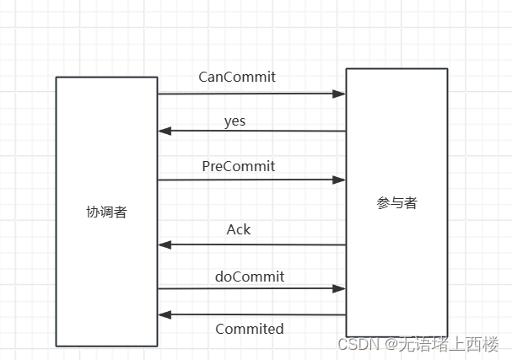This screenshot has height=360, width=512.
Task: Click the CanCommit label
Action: pos(237,77)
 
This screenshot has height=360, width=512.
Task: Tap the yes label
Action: pos(234,121)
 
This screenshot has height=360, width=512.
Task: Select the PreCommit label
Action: pos(238,166)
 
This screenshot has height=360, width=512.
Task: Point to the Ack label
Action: pos(239,229)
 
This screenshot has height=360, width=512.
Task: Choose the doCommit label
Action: pos(250,277)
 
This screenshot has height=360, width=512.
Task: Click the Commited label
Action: pos(250,329)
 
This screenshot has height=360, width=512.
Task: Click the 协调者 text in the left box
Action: pos(106,212)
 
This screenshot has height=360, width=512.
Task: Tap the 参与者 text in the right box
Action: pos(396,203)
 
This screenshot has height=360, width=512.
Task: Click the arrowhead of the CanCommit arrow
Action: pos(341,94)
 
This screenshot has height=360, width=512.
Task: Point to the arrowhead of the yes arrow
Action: pos(164,131)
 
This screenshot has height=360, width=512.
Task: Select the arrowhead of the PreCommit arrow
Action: pos(341,180)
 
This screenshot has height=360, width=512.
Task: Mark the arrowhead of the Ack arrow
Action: pos(164,244)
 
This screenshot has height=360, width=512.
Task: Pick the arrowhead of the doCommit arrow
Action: pos(341,288)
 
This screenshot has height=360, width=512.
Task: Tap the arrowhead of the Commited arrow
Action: pos(164,314)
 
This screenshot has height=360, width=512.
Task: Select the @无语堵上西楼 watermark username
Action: pos(441,344)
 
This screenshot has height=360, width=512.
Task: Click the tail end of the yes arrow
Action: pos(345,131)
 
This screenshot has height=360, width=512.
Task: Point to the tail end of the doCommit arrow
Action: pos(159,288)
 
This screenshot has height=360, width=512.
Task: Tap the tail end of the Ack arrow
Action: pos(345,244)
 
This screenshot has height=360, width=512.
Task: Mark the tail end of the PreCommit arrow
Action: pos(159,180)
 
